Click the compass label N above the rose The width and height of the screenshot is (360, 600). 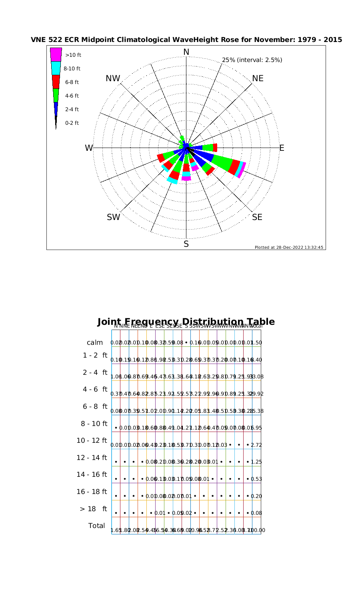pyautogui.click(x=186, y=52)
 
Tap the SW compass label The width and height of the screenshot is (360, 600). pyautogui.click(x=114, y=217)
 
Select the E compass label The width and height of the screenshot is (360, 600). pyautogui.click(x=282, y=148)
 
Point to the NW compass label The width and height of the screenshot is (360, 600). pyautogui.click(x=113, y=79)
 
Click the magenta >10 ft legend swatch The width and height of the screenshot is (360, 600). pyautogui.click(x=56, y=54)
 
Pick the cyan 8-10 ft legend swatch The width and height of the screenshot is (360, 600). pyautogui.click(x=56, y=68)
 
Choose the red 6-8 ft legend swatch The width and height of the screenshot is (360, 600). pyautogui.click(x=56, y=82)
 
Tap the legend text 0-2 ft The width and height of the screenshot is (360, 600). pyautogui.click(x=72, y=123)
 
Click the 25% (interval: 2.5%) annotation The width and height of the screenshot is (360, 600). pyautogui.click(x=252, y=60)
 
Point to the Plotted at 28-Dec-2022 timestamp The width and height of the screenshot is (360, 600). pyautogui.click(x=289, y=247)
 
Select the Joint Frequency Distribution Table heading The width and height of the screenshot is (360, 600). pyautogui.click(x=186, y=322)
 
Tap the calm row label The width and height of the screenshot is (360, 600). pyautogui.click(x=95, y=343)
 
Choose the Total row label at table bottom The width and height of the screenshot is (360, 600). pyautogui.click(x=96, y=526)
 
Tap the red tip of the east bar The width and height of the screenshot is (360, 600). pyautogui.click(x=215, y=148)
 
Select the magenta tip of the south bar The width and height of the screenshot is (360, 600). pyautogui.click(x=186, y=178)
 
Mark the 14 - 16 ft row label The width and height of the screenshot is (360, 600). pyautogui.click(x=92, y=475)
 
